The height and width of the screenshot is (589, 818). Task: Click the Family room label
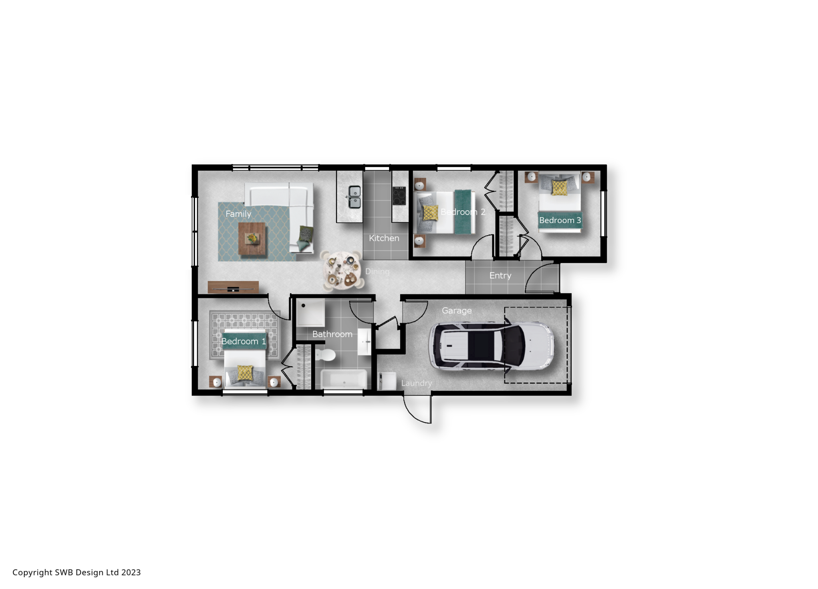[238, 214]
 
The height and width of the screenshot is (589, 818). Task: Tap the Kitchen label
[384, 238]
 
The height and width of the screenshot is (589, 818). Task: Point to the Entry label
[500, 276]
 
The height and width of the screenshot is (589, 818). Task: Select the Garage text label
[457, 311]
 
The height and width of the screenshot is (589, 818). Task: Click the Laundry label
[417, 383]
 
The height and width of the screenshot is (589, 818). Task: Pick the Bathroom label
[332, 334]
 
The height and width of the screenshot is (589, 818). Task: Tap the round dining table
[343, 270]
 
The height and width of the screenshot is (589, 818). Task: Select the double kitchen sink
[354, 197]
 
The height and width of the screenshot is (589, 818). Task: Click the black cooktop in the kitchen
[399, 196]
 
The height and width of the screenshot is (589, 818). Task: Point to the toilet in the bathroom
[326, 354]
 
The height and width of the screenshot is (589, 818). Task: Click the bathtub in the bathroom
[344, 379]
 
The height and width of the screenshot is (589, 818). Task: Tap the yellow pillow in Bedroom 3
[559, 187]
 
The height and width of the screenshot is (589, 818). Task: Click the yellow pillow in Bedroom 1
[245, 373]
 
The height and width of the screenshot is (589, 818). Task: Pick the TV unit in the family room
[233, 287]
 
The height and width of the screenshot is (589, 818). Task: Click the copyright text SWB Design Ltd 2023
[77, 572]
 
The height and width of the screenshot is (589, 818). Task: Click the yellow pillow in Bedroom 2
[430, 213]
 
